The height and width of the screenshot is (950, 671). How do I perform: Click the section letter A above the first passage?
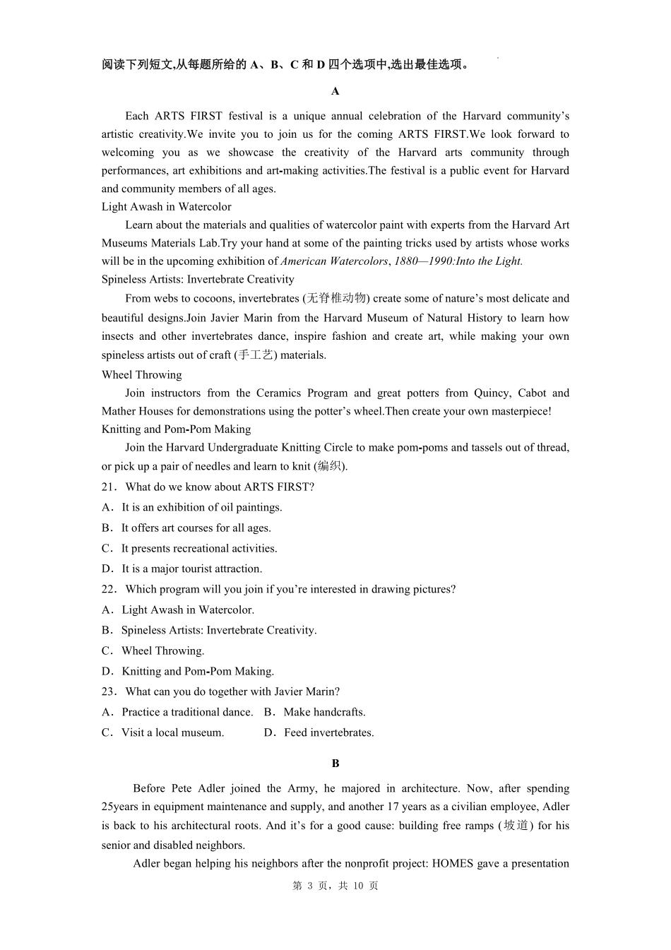point(335,91)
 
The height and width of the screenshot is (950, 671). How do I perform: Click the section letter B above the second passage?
point(335,764)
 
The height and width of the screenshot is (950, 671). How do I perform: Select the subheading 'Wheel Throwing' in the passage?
point(141,375)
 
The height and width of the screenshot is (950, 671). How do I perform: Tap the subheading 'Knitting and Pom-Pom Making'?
point(176,429)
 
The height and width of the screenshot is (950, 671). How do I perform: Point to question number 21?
point(109,487)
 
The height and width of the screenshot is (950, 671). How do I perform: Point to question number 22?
point(109,590)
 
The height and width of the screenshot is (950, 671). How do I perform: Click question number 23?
point(109,692)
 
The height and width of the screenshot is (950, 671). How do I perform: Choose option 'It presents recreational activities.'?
point(198,549)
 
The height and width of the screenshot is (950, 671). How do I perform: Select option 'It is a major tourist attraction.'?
point(191,569)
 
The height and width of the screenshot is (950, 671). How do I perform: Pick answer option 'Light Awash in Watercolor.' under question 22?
point(187,610)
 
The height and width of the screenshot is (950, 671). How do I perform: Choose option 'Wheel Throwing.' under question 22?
point(162,651)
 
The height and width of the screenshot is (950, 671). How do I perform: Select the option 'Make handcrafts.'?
point(324,713)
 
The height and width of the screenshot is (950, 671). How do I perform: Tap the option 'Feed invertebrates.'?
point(328,733)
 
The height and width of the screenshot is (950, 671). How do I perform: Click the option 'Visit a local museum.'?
point(172,733)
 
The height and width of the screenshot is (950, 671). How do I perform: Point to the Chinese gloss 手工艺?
point(255,355)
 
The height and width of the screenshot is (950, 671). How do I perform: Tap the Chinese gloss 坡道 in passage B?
point(516,826)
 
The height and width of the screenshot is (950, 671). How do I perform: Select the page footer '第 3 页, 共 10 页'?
point(335,886)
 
